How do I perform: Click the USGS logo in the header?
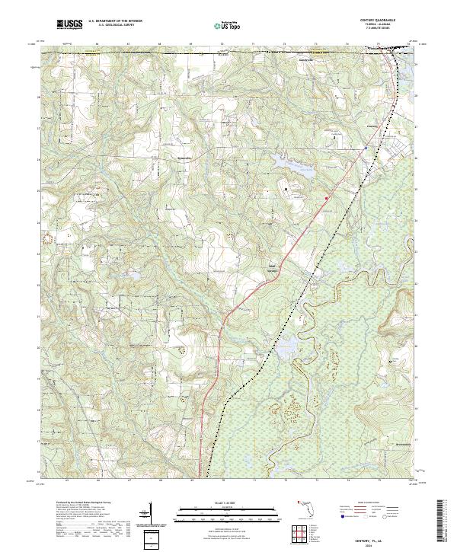click(x=69, y=25)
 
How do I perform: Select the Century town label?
click(x=372, y=126)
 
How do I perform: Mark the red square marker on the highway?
click(x=327, y=199)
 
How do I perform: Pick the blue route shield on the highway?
click(x=366, y=147)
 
